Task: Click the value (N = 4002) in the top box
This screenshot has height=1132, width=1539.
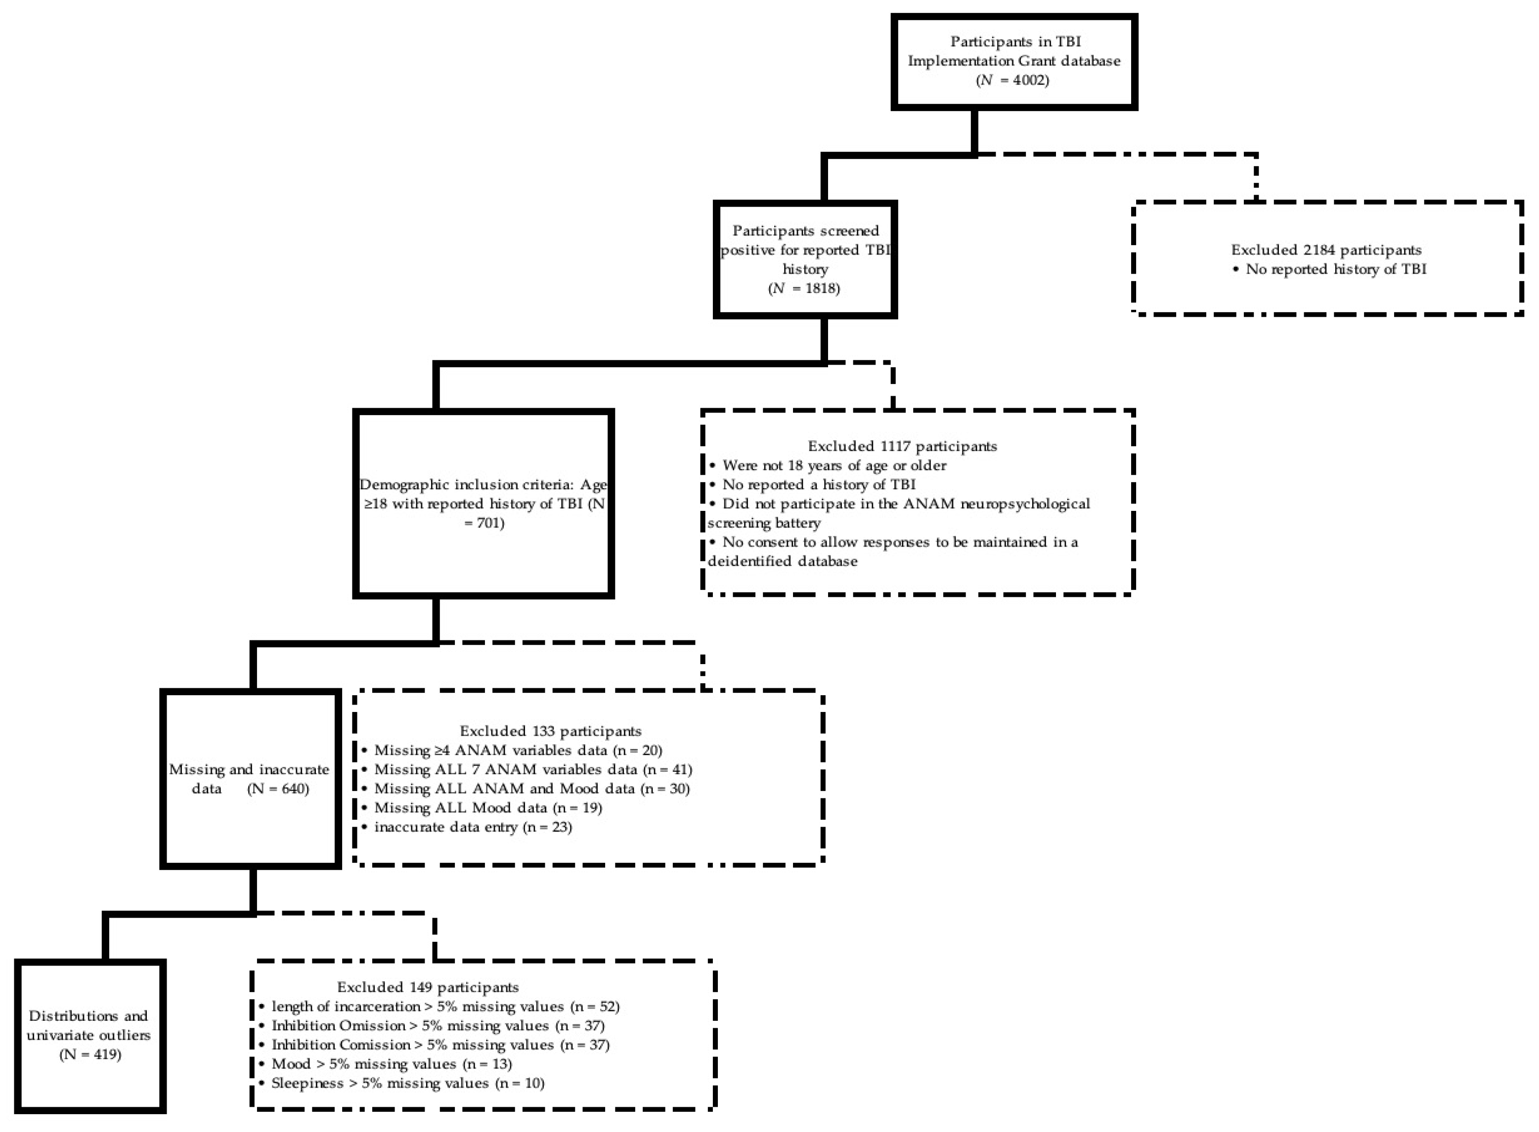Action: click(1012, 80)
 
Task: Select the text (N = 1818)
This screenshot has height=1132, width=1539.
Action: click(804, 289)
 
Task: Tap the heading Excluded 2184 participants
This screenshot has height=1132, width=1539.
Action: click(1326, 250)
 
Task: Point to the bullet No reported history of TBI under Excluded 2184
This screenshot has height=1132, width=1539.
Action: click(1329, 269)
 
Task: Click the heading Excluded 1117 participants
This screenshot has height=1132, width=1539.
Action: click(902, 446)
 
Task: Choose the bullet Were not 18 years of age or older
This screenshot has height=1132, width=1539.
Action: click(828, 465)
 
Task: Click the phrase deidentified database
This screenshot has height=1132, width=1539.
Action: click(783, 561)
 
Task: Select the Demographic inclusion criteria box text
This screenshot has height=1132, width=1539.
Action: click(484, 503)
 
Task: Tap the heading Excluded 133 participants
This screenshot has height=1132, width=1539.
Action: click(550, 731)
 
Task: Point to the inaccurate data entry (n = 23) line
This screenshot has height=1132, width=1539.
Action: click(467, 827)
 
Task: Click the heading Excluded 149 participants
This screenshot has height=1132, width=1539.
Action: click(428, 987)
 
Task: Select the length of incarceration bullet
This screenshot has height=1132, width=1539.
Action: click(440, 1006)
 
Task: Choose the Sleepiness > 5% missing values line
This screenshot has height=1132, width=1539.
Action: click(402, 1084)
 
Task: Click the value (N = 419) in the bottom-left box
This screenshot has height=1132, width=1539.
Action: click(90, 1054)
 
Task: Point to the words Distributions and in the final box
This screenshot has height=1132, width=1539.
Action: click(88, 1016)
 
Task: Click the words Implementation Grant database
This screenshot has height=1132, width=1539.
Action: click(1014, 61)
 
